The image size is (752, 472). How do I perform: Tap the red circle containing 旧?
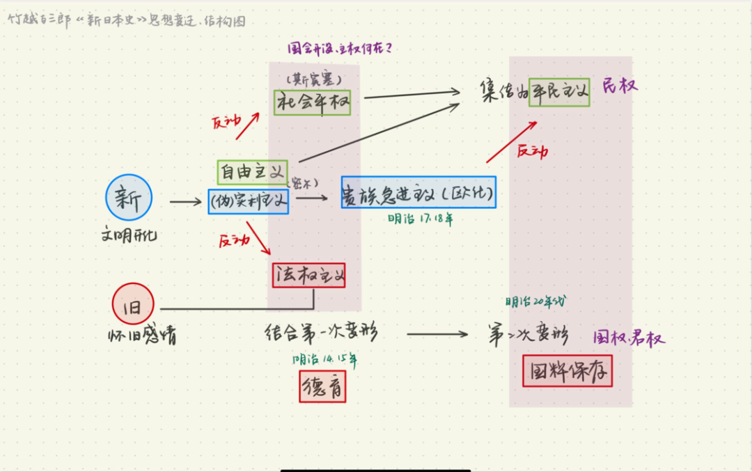(132, 304)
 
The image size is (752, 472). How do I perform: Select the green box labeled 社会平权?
(314, 102)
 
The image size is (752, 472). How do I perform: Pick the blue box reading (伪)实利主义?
(249, 201)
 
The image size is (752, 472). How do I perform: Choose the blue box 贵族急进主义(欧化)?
(418, 192)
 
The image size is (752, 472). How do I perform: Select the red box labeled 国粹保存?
(567, 371)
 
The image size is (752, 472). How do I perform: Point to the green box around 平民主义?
(559, 91)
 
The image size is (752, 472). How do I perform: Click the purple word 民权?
(620, 86)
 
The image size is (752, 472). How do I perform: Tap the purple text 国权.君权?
(629, 338)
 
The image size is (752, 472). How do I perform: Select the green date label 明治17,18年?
(421, 219)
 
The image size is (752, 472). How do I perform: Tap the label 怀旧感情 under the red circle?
(142, 336)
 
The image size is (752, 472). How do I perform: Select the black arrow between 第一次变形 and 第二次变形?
(437, 334)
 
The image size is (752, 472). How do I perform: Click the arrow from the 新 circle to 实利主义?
(185, 202)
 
